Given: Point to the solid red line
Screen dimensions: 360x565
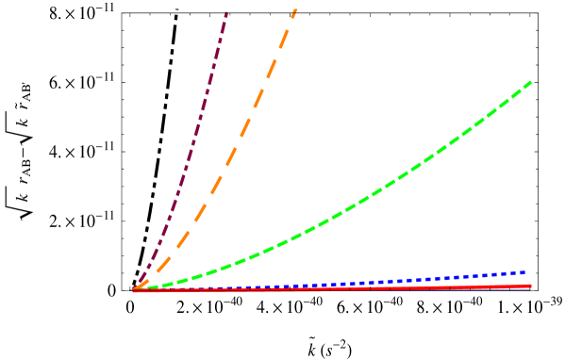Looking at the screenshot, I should click(377, 287).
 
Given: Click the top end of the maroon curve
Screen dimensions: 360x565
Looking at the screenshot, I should click(226, 12).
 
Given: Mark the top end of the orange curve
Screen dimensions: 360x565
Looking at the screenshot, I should click(295, 9).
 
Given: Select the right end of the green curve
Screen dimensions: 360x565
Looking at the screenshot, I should click(532, 82).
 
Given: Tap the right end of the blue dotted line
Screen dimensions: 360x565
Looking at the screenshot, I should click(524, 272).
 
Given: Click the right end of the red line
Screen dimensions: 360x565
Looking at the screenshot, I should click(530, 285).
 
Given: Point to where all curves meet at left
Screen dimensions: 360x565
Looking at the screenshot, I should click(134, 289).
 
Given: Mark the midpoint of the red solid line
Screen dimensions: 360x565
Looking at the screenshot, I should click(332, 287).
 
